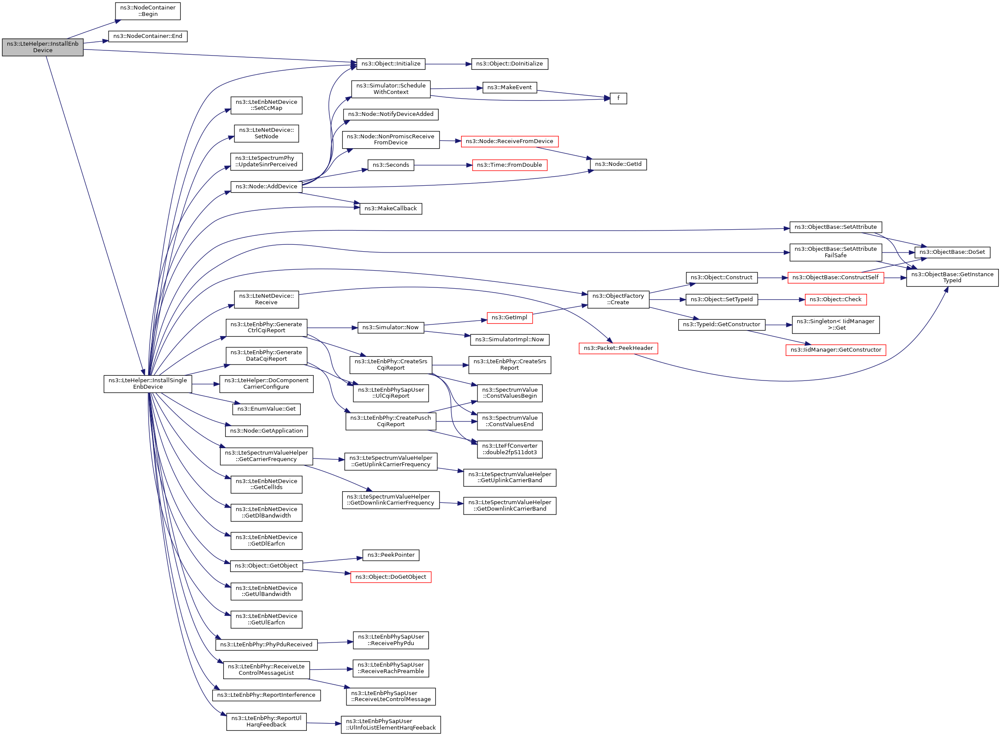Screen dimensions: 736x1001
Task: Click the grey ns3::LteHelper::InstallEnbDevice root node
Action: coord(42,47)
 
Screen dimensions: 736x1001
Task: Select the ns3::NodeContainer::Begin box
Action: coord(147,11)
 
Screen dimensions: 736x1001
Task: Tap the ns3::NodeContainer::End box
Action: coord(147,36)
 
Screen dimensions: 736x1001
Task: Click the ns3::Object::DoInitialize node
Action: coord(509,64)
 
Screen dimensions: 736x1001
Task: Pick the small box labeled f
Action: coord(618,98)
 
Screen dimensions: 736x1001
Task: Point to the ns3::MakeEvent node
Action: coord(509,87)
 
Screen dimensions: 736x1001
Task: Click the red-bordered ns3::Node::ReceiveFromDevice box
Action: coord(509,141)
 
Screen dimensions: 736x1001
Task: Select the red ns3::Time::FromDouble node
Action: coord(509,165)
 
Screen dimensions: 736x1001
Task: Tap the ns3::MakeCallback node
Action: coord(390,208)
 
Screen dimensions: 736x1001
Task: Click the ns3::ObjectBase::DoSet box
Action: coord(952,252)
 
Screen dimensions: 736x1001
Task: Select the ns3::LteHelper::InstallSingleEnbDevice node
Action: coord(147,384)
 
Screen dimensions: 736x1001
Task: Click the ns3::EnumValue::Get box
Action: coord(266,409)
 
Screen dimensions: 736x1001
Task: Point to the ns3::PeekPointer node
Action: coord(390,555)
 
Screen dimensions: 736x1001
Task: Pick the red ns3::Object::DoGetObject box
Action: coord(390,577)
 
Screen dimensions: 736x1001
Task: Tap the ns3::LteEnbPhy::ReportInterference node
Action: coord(266,695)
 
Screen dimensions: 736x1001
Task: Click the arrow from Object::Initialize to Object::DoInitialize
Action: coord(448,64)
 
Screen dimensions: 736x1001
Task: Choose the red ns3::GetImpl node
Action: coord(509,317)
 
